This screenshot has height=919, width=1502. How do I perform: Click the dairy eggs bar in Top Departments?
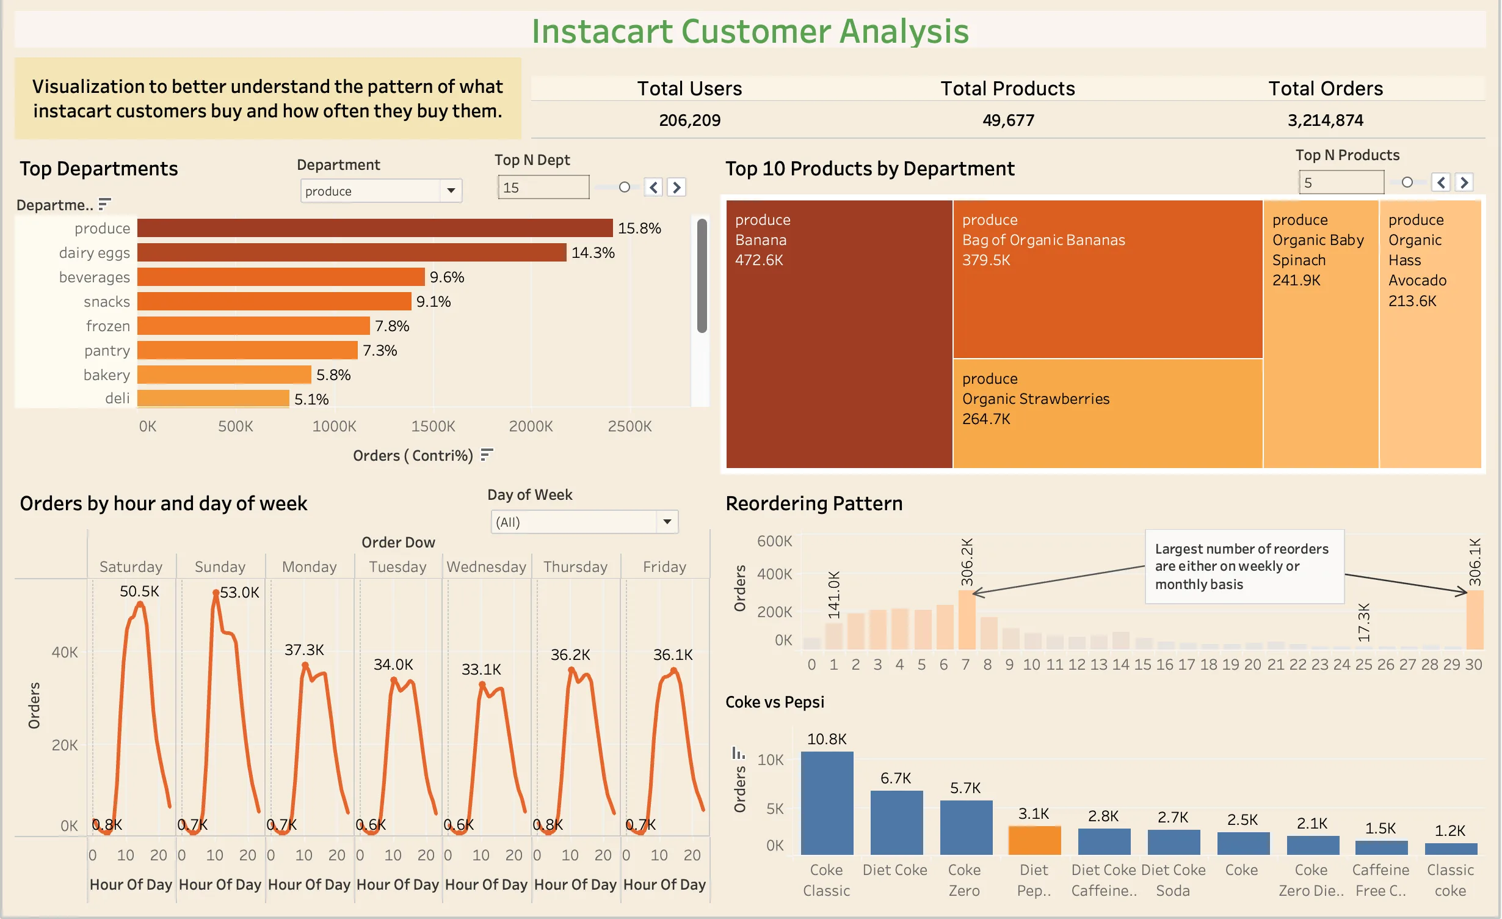click(351, 252)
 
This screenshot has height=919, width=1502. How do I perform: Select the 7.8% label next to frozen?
click(392, 326)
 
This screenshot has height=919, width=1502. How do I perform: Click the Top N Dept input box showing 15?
click(543, 187)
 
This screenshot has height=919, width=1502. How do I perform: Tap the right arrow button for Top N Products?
click(1464, 182)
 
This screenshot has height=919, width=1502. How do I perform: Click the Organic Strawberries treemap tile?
click(1106, 412)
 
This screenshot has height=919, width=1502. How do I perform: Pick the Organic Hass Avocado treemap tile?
click(1429, 333)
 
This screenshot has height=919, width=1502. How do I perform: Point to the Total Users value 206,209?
click(689, 120)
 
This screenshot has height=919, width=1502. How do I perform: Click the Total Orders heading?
click(1325, 89)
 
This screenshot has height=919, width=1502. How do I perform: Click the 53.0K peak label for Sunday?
click(239, 592)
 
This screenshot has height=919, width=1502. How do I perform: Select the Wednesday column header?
click(486, 566)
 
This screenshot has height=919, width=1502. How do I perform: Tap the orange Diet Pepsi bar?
click(1034, 840)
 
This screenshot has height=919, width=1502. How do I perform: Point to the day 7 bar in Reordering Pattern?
click(966, 620)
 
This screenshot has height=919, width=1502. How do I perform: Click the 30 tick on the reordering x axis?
click(1473, 664)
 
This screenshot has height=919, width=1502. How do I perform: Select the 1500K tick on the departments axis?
click(433, 426)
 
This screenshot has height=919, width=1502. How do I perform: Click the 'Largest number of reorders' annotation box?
click(1243, 566)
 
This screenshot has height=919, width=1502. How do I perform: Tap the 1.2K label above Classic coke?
click(1449, 830)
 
